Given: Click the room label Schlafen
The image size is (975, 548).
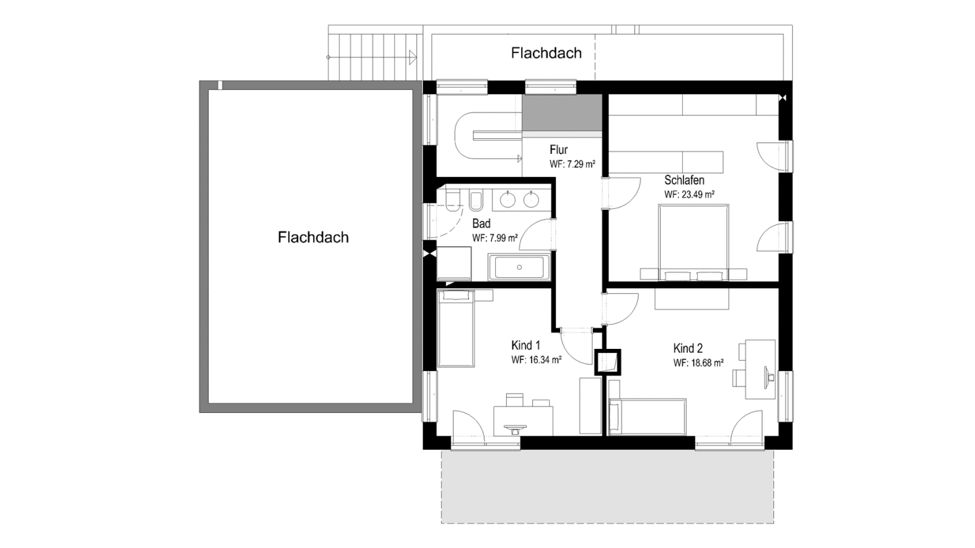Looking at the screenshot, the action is (684, 180).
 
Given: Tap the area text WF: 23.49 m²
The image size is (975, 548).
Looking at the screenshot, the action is (689, 195).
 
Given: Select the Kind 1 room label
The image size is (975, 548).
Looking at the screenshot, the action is (526, 345).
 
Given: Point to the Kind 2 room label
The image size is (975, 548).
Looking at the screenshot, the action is (688, 348).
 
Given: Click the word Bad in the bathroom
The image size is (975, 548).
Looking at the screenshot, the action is (482, 224).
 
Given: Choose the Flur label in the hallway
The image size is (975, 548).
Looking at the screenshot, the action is (559, 150).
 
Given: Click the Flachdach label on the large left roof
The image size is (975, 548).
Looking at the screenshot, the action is (314, 237).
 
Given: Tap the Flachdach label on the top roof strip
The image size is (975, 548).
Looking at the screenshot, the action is (546, 53).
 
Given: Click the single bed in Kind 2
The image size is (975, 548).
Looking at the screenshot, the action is (648, 417).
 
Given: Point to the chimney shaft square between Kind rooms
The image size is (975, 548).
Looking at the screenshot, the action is (608, 362).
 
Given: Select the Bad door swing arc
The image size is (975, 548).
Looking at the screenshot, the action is (537, 235).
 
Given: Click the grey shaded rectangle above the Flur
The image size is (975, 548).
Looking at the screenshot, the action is (562, 112).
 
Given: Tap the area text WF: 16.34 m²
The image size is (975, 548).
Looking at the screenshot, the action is (536, 360).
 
